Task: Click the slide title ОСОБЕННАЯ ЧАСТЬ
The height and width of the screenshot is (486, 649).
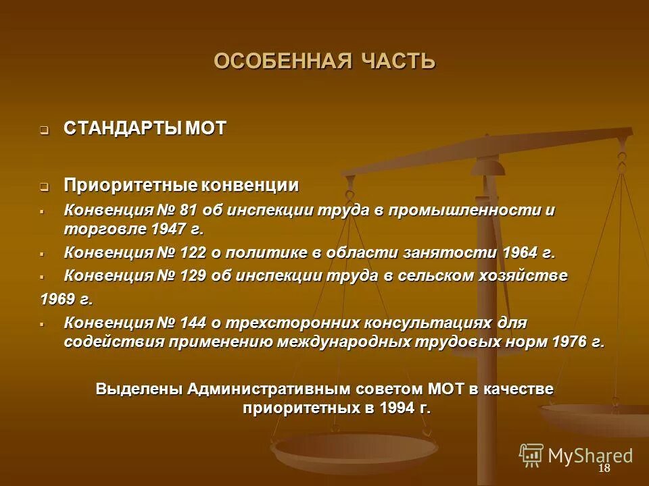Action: click(x=324, y=61)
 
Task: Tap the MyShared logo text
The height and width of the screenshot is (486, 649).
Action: click(x=590, y=456)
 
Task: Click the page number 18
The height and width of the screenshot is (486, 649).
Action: click(x=604, y=469)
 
